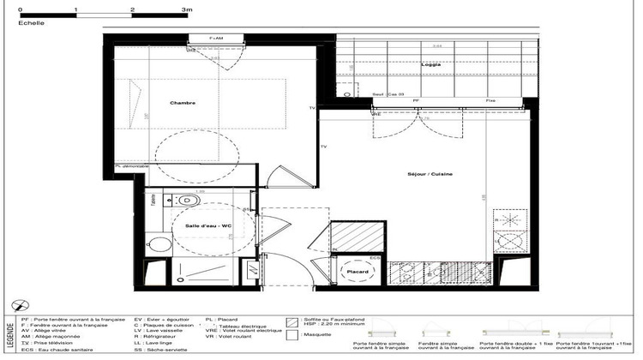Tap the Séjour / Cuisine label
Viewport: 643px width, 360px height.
430,174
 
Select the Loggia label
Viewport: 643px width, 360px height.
430,65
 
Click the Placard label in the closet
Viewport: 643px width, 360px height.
358,272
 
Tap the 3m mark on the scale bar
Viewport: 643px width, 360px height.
187,8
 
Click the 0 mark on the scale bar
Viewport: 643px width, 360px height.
20,8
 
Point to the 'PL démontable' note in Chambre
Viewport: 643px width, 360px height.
132,166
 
